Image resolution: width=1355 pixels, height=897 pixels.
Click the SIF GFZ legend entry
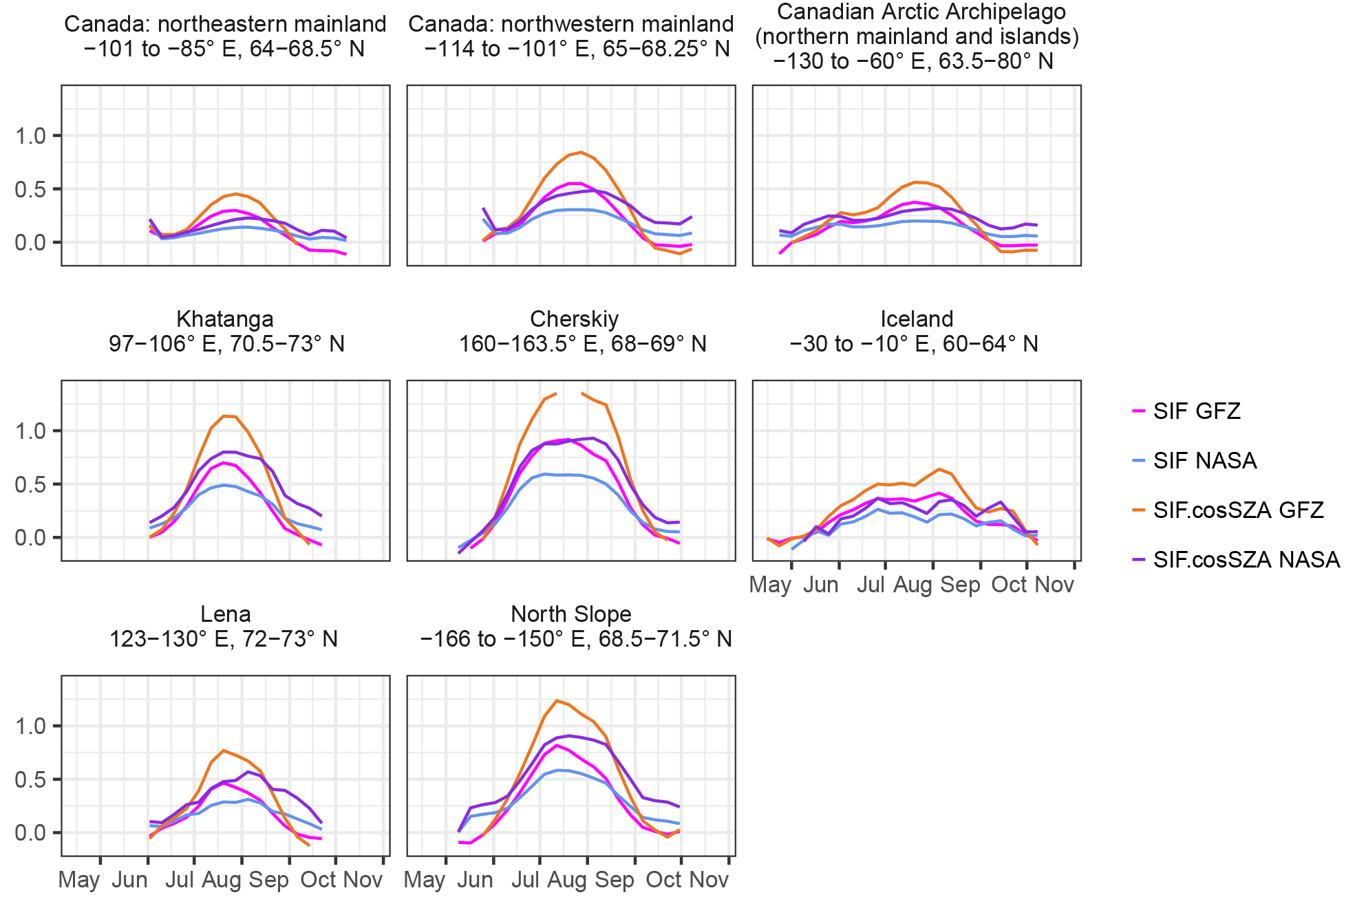(1196, 411)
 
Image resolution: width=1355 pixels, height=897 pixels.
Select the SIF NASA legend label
(1204, 460)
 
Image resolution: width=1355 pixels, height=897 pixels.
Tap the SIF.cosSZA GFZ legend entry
(1238, 510)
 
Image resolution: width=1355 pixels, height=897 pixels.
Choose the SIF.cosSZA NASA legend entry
(1246, 559)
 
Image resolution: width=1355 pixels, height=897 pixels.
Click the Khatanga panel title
(225, 319)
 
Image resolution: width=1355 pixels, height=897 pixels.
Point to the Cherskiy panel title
(574, 319)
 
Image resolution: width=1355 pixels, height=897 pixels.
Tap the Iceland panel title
(917, 319)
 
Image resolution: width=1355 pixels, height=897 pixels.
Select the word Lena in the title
(225, 614)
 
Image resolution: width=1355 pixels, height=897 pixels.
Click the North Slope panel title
(571, 614)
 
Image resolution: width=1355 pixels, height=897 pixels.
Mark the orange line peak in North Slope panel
(557, 701)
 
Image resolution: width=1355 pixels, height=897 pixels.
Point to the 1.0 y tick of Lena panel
(30, 726)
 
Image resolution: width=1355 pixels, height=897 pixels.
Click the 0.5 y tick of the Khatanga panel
(30, 484)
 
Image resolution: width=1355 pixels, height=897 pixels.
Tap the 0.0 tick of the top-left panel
(30, 242)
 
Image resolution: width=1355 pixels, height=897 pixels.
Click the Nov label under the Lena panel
(362, 880)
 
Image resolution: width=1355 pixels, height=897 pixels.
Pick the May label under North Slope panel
(424, 880)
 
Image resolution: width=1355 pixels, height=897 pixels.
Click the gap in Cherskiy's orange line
(569, 391)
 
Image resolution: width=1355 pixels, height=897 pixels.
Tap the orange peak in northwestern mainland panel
(581, 153)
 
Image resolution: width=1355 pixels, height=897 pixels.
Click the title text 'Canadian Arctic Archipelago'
(921, 12)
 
